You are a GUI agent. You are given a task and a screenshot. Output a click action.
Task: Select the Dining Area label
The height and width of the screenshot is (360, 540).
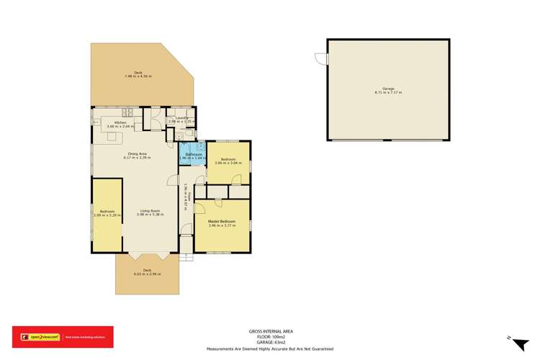[x=138, y=154]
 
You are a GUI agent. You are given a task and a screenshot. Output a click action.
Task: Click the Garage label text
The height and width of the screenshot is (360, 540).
[x=387, y=89]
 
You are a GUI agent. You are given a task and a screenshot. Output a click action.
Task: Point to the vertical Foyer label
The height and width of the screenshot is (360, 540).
[x=186, y=197]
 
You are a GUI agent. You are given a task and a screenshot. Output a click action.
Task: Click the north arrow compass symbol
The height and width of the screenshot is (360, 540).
[x=510, y=337]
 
